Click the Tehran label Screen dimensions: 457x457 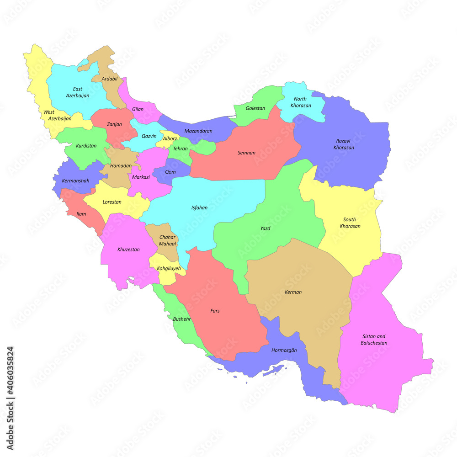click(x=180, y=149)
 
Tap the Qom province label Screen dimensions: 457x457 click(x=170, y=172)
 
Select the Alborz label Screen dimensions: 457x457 click(x=170, y=138)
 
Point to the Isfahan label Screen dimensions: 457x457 click(x=199, y=207)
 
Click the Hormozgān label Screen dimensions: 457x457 click(x=284, y=350)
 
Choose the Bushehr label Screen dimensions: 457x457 click(x=182, y=319)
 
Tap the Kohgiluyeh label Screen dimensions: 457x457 click(x=169, y=268)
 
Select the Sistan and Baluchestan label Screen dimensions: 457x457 click(x=374, y=340)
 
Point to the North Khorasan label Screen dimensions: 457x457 click(x=303, y=102)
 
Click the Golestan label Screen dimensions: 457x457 click(x=255, y=108)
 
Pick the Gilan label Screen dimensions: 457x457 click(x=138, y=109)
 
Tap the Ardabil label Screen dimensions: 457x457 click(x=110, y=79)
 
